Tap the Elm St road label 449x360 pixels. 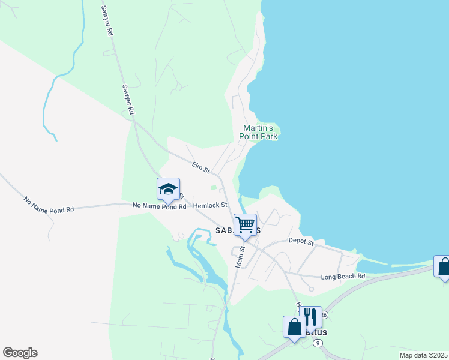click(x=200, y=167)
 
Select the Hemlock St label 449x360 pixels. click(x=210, y=205)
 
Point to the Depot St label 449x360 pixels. click(x=301, y=242)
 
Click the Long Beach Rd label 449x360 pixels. click(x=343, y=276)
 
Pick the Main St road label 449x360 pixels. click(x=240, y=256)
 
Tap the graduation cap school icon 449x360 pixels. click(x=168, y=190)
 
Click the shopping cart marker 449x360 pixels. click(x=245, y=225)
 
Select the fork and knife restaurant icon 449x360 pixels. click(x=310, y=317)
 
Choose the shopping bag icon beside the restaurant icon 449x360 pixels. click(x=294, y=328)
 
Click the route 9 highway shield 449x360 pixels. click(x=318, y=343)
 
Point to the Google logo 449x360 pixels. click(x=20, y=353)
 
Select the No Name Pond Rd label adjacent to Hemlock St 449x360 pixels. click(x=159, y=206)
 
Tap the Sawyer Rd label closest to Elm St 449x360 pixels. click(x=127, y=99)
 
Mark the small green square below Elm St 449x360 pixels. click(x=213, y=188)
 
